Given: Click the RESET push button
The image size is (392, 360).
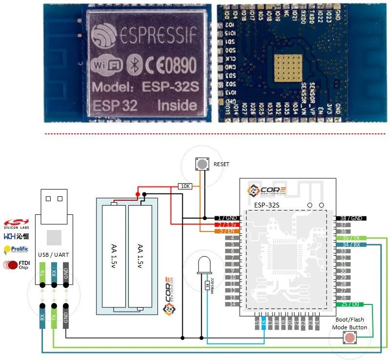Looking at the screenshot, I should (x=201, y=164).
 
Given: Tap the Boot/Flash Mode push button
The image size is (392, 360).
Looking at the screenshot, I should (x=349, y=338).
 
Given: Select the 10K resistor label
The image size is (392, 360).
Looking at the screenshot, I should (x=185, y=186).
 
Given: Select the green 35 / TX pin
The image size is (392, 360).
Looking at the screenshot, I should (x=351, y=238).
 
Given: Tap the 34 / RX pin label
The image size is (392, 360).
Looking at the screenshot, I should (x=351, y=245).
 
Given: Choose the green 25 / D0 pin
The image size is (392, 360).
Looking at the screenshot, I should (x=351, y=304).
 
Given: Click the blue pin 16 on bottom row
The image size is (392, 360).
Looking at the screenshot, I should (x=263, y=322).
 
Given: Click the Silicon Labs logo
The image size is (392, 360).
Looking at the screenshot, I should (x=15, y=223).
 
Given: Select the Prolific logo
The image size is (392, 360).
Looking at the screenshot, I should (x=16, y=249).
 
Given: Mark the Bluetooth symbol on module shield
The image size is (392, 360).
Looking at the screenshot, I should (x=132, y=64).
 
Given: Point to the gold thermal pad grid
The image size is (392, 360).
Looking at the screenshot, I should (x=289, y=67).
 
